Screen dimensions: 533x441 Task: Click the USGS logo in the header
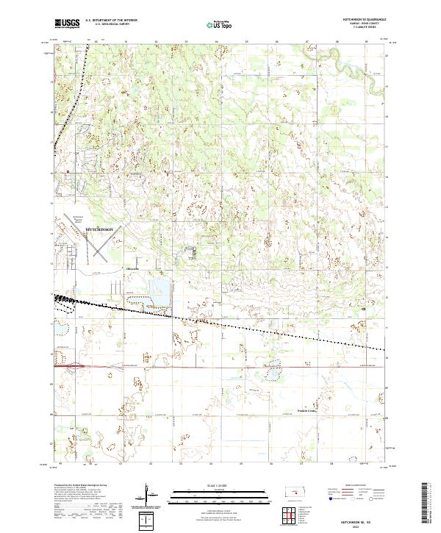pos(67,24)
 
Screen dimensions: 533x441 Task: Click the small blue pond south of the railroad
pos(273,376)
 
